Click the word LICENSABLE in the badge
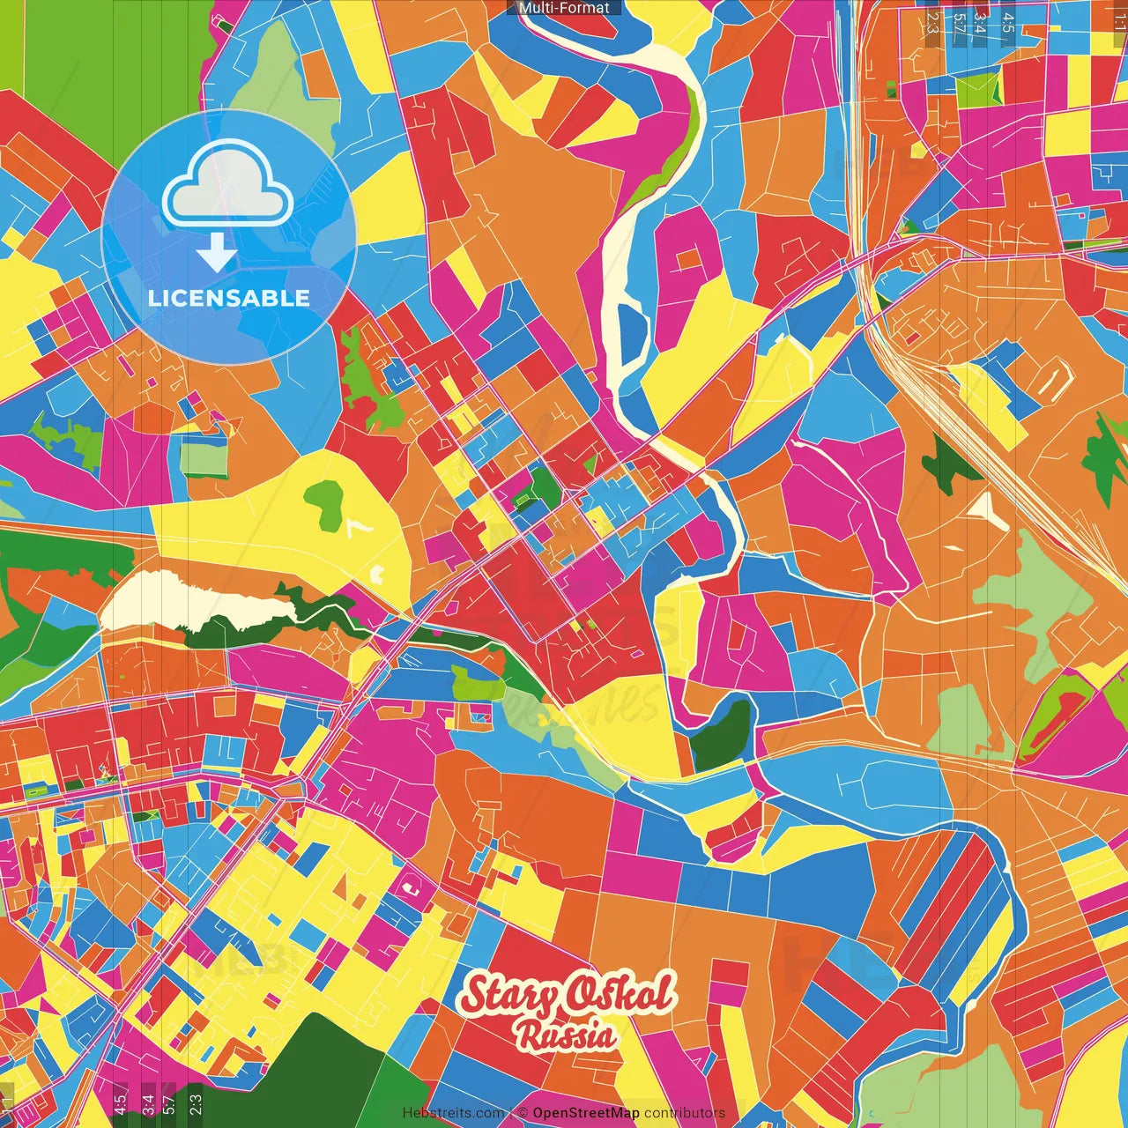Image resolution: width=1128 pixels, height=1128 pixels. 228,298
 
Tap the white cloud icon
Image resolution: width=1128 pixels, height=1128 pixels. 228,187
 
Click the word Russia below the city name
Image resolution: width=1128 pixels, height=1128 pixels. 566,1035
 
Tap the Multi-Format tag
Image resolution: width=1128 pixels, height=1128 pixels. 564,8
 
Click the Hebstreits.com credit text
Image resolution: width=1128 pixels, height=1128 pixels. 453,1113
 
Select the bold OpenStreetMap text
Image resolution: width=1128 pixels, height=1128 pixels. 586,1113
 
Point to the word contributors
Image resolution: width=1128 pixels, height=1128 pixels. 685,1113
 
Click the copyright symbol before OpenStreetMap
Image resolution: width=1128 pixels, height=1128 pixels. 523,1113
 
